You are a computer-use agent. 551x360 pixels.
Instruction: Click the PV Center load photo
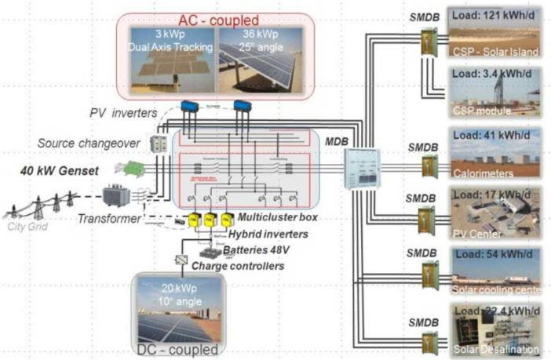[x=494, y=213]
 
